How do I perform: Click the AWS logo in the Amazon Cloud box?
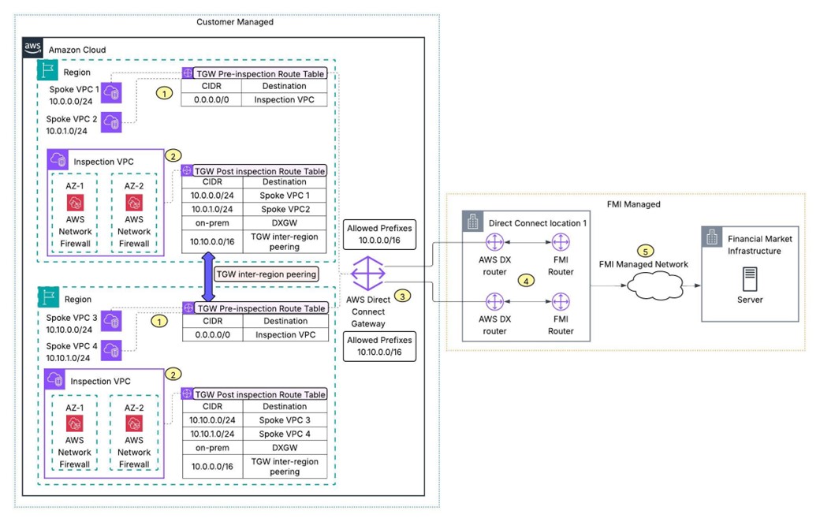pos(32,48)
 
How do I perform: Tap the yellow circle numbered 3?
pos(402,296)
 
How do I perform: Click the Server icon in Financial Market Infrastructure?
pos(750,277)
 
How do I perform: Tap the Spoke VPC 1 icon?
pos(113,94)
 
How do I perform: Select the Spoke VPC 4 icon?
pos(113,350)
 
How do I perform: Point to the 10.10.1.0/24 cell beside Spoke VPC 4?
pos(211,434)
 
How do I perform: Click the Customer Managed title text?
pos(235,21)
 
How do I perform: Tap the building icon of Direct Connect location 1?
pos(473,223)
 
